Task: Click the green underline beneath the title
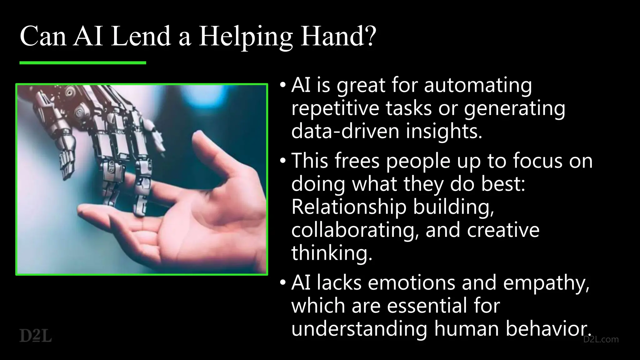click(x=83, y=63)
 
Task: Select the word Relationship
click(x=349, y=207)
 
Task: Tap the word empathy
click(x=546, y=283)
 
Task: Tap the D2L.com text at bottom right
click(x=601, y=339)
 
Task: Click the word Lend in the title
click(x=141, y=37)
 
